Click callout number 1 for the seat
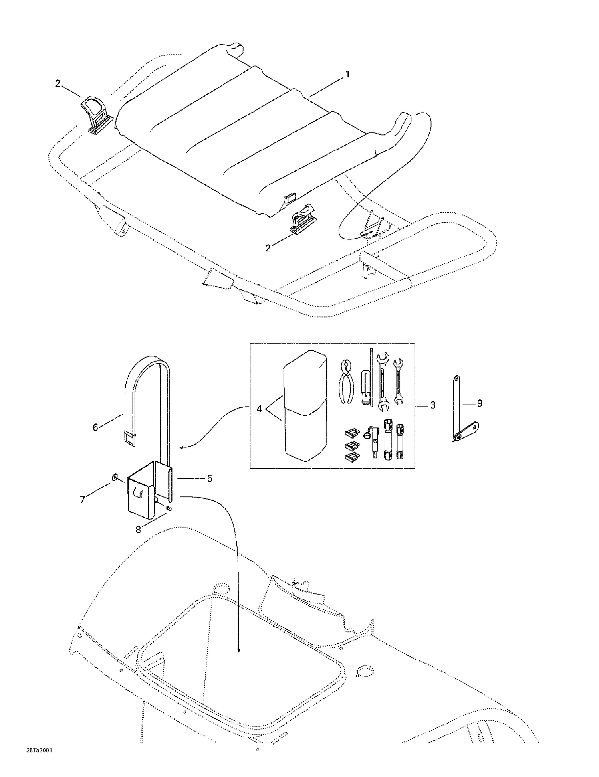click(x=347, y=74)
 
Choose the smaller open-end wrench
click(x=398, y=381)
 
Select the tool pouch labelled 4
click(x=305, y=405)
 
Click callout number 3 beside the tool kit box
click(x=432, y=405)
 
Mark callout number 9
click(x=480, y=403)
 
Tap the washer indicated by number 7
click(x=115, y=477)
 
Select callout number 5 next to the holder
click(x=210, y=478)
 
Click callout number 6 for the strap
click(x=95, y=427)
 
